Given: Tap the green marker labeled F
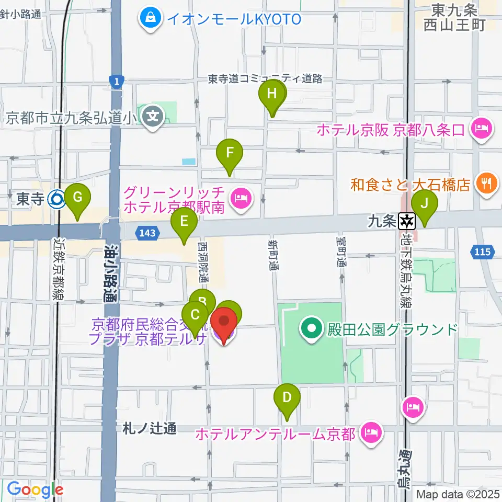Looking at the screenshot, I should click(229, 154).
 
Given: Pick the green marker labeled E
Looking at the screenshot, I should click(184, 222).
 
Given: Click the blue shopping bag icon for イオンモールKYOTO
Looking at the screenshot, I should click(151, 19).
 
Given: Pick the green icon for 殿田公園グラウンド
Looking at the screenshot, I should click(312, 329).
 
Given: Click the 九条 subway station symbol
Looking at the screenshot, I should click(406, 222).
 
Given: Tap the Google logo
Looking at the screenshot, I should click(35, 489).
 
